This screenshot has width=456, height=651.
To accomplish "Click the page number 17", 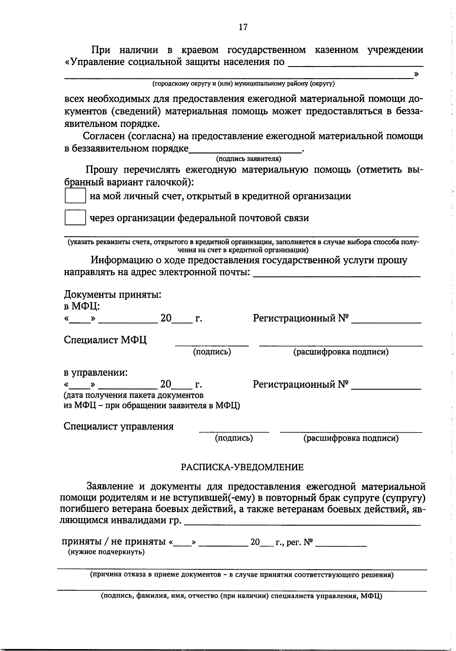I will pos(243,27).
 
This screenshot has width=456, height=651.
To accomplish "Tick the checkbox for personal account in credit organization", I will pos(75,196).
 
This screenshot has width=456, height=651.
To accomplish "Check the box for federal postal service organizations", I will pos(75,218).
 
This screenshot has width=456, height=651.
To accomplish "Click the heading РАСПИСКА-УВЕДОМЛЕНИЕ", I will pos(242,467).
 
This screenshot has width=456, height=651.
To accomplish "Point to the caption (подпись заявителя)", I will pos(249,159).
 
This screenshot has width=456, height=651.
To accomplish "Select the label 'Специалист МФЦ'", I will pos(105,340).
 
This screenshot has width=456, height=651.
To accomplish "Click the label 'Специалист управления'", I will pos(119,426).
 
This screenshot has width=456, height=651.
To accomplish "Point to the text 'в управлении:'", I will pos(95,373).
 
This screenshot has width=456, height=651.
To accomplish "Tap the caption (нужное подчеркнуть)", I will pos(106,552).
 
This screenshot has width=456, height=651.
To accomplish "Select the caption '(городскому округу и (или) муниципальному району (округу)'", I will pos(243,84).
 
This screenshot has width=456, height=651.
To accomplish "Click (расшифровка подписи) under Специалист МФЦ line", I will pos(340,352).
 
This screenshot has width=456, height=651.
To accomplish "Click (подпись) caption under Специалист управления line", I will pos(234,438).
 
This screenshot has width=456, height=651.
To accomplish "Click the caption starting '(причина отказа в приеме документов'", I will pos(242,575).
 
